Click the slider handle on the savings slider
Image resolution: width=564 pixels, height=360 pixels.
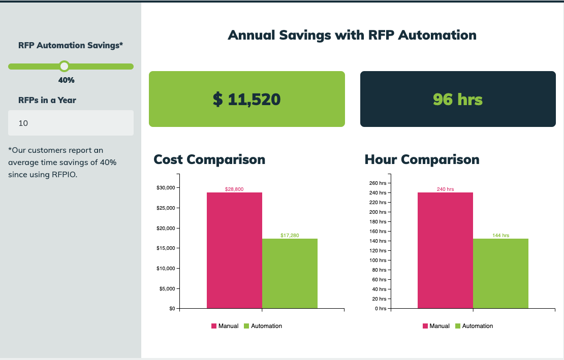tap(64, 66)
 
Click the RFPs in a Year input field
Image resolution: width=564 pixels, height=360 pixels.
tap(71, 123)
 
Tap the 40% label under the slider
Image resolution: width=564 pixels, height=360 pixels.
tap(67, 80)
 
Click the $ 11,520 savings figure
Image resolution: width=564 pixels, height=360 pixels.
tap(246, 99)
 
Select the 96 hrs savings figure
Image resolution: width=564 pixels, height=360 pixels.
tap(457, 99)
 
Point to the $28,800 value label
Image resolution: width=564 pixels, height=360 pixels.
tap(234, 189)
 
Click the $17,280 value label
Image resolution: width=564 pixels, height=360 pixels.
tap(290, 236)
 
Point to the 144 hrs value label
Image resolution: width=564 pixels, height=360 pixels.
tap(500, 236)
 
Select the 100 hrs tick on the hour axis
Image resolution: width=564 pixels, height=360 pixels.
tap(377, 260)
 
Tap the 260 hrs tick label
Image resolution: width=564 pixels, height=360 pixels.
tap(377, 183)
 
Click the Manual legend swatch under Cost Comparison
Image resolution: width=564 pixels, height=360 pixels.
tap(214, 326)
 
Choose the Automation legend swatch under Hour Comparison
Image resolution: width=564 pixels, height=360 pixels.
tap(458, 326)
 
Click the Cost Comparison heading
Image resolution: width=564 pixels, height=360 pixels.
tap(209, 159)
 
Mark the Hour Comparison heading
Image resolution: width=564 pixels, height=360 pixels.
tap(422, 159)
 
